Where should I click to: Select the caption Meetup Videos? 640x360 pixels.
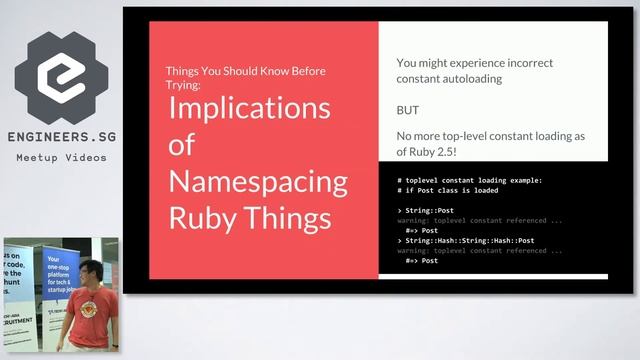(x=61, y=158)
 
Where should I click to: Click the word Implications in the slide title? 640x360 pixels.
(x=249, y=108)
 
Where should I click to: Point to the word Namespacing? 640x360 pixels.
(x=258, y=181)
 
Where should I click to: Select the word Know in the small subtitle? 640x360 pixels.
(x=270, y=71)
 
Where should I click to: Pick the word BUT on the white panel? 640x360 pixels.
(x=408, y=110)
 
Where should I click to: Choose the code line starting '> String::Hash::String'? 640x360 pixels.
(x=465, y=240)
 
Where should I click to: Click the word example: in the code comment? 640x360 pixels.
(x=519, y=180)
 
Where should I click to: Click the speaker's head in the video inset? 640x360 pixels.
(x=88, y=272)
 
